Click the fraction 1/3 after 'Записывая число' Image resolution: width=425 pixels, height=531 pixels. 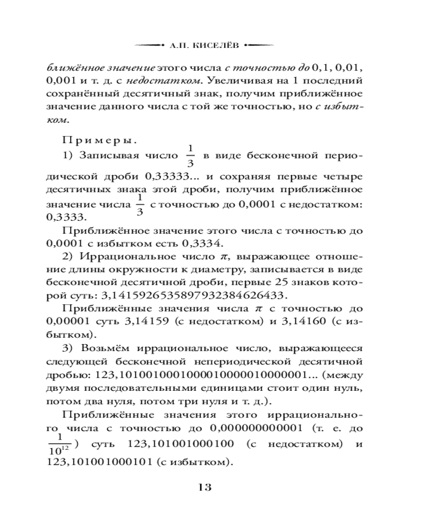pyautogui.click(x=191, y=156)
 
